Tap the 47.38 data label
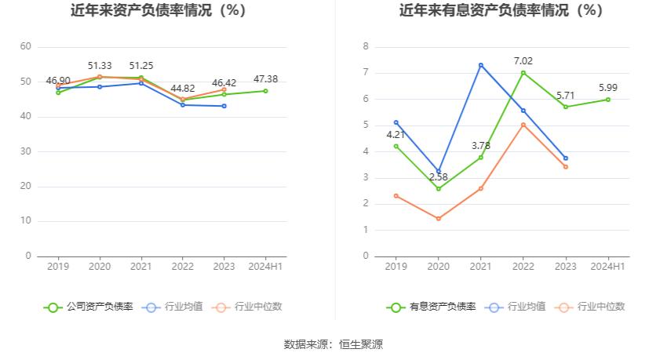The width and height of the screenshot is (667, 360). pyautogui.click(x=266, y=79)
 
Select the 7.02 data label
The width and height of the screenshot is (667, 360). pyautogui.click(x=523, y=60)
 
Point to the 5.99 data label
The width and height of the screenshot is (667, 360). pyautogui.click(x=607, y=88)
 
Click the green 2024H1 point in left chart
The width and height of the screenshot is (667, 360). pyautogui.click(x=266, y=91)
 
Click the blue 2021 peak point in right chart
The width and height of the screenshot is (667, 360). pyautogui.click(x=480, y=64)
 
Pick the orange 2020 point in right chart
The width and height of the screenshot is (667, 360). pyautogui.click(x=439, y=218)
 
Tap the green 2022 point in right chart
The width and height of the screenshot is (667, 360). pyautogui.click(x=523, y=73)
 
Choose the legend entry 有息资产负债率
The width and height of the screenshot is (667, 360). pyautogui.click(x=432, y=307)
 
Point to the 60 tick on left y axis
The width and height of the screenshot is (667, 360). pyautogui.click(x=25, y=47)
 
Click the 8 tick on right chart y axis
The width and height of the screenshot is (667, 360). pyautogui.click(x=366, y=47)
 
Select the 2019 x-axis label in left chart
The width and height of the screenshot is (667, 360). pyautogui.click(x=58, y=267)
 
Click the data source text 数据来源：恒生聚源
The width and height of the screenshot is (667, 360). pyautogui.click(x=333, y=344)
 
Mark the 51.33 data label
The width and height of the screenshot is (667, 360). pyautogui.click(x=100, y=66)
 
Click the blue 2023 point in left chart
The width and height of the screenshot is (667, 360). pyautogui.click(x=224, y=106)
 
